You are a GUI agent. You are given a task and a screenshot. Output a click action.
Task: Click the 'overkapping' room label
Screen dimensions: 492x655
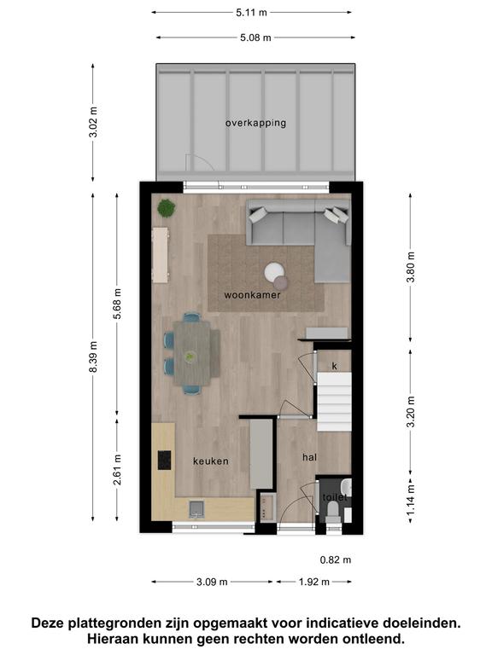click(x=255, y=123)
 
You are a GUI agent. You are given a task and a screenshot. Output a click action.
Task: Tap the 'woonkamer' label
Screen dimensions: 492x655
click(x=252, y=295)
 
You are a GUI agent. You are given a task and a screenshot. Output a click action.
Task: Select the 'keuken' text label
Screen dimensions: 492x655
click(x=211, y=461)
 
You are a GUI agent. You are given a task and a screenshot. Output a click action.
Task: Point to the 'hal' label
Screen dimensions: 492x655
click(x=309, y=457)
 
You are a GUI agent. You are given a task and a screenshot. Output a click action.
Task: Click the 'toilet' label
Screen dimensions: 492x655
click(x=335, y=497)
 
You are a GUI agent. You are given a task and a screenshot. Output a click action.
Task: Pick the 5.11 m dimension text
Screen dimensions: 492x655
click(x=251, y=13)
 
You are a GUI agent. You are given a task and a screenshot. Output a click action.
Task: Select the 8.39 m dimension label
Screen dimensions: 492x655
click(x=94, y=356)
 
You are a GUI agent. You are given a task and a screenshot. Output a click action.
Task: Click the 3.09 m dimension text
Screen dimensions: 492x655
click(x=212, y=582)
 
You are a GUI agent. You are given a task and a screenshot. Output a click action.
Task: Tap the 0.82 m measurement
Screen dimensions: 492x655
click(x=336, y=559)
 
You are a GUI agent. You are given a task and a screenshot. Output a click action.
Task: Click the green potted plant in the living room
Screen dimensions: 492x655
click(x=166, y=207)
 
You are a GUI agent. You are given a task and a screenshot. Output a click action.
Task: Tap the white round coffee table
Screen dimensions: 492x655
click(x=274, y=272)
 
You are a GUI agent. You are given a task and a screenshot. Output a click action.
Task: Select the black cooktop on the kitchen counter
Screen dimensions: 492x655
click(x=164, y=460)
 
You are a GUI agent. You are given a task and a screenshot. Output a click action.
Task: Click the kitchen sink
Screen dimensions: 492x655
click(x=196, y=509)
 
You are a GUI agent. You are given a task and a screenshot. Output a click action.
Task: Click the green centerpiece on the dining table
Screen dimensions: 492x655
click(x=190, y=356)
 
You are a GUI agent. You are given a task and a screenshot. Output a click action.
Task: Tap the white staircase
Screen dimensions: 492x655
click(x=334, y=402)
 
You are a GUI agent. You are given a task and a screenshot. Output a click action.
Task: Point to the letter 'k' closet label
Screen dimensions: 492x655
click(x=335, y=367)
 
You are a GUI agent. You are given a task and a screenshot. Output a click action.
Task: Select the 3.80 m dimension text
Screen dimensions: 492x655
click(x=411, y=267)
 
